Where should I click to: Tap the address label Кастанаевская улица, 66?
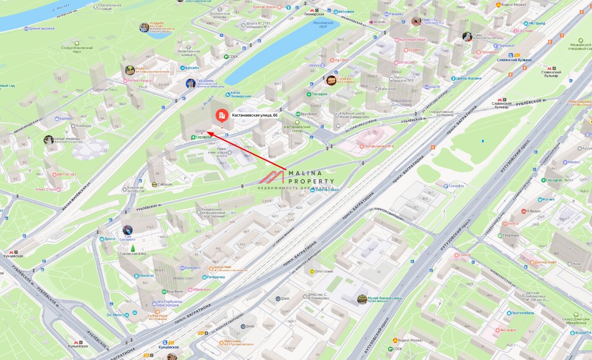pyautogui.click(x=254, y=115)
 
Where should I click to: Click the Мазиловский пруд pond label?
pyautogui.click(x=323, y=24)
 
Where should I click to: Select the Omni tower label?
pyautogui.click(x=324, y=272)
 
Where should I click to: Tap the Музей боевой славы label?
pyautogui.click(x=384, y=298)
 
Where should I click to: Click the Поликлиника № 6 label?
pyautogui.click(x=379, y=146)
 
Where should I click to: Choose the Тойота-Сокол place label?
pyautogui.click(x=327, y=190)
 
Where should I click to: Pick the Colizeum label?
pyautogui.click(x=165, y=184)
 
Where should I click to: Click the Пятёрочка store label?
pyautogui.click(x=216, y=277)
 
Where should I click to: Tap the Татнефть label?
pyautogui.click(x=456, y=186)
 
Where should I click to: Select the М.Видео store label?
pyautogui.click(x=533, y=211)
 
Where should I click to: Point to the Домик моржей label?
pyautogui.click(x=42, y=28)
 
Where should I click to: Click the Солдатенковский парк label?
pyautogui.click(x=77, y=49)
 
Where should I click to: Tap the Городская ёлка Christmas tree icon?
pyautogui.click(x=133, y=249)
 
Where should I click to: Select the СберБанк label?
pyautogui.click(x=511, y=236)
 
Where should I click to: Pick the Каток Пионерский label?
pyautogui.click(x=241, y=94)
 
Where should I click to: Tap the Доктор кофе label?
pyautogui.click(x=545, y=262)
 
